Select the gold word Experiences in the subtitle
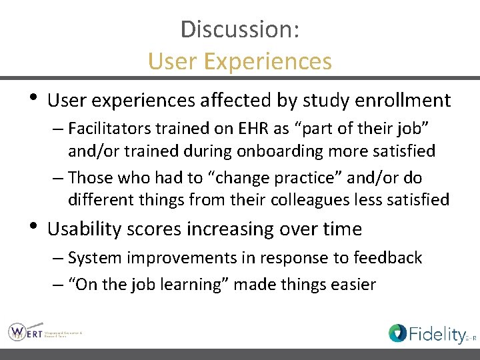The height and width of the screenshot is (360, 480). pyautogui.click(x=269, y=61)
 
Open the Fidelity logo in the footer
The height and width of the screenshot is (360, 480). pyautogui.click(x=431, y=333)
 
